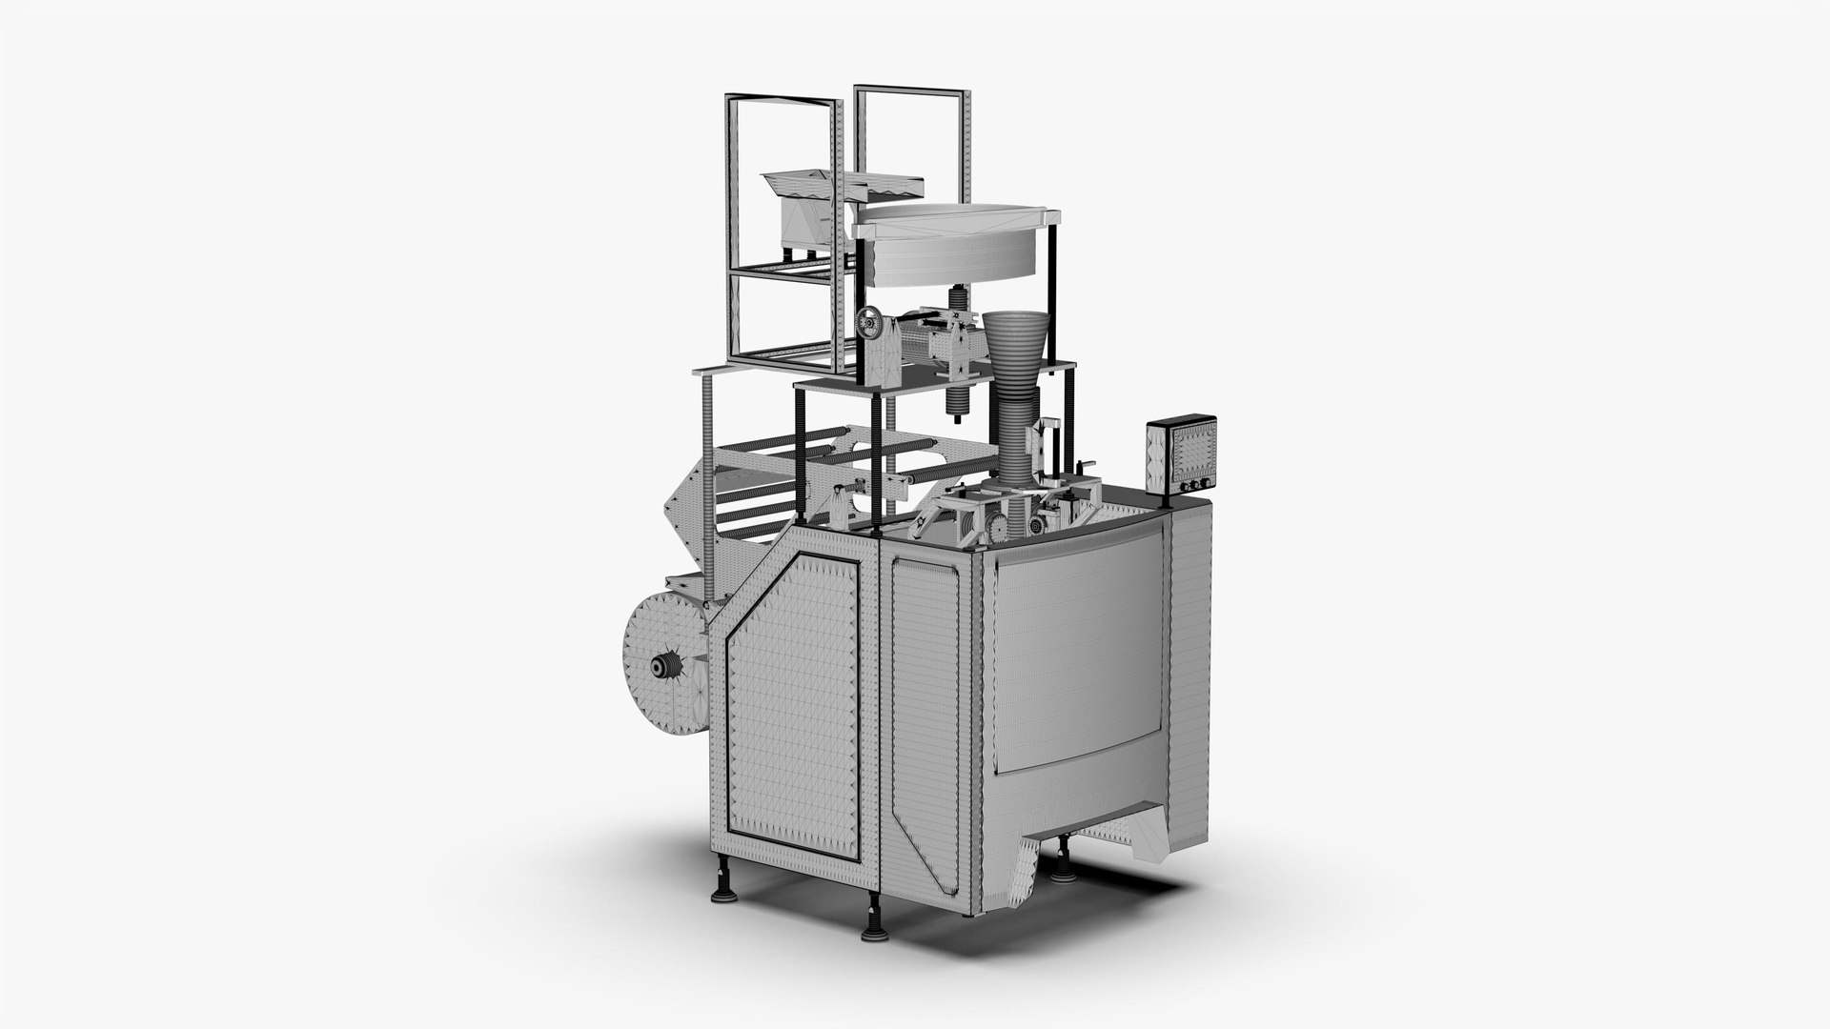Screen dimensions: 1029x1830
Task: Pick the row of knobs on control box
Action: point(1189,486)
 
